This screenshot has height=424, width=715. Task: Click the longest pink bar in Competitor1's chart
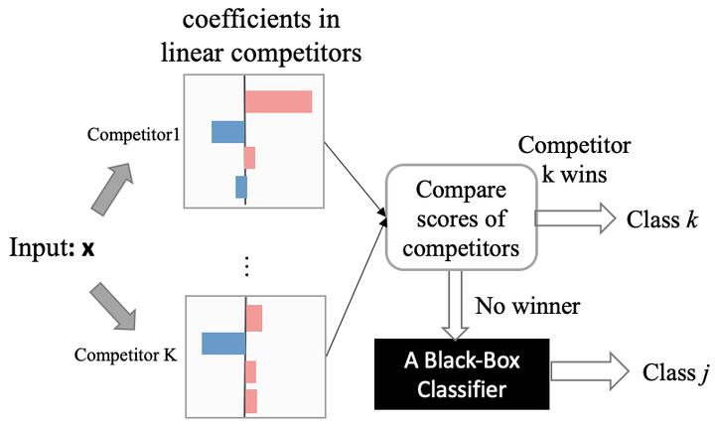coord(278,101)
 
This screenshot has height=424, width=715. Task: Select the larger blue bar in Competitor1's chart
coord(227,132)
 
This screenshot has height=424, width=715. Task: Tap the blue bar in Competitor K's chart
coord(222,344)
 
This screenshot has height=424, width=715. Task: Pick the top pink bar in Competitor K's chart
coord(253,319)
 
